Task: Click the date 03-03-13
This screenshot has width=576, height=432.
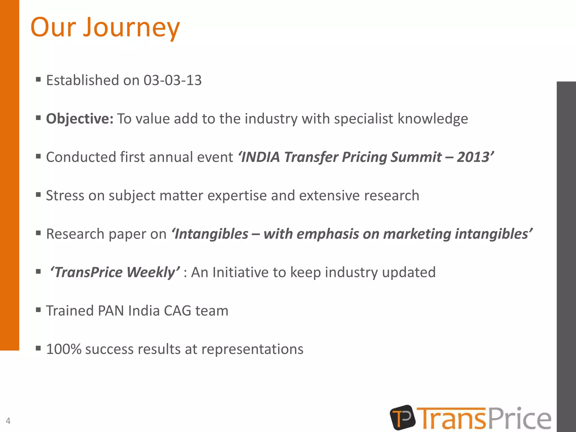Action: point(172,80)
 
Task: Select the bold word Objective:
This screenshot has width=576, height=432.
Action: point(80,119)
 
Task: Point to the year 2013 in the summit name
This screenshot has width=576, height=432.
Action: point(474,157)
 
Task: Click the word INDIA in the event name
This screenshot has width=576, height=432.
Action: point(260,157)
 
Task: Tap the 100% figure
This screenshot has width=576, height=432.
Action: point(64,349)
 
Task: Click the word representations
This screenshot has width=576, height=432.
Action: point(252,349)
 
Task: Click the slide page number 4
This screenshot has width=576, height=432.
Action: point(8,421)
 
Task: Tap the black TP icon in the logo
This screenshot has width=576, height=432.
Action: point(402,417)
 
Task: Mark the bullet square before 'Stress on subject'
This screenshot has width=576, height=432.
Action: point(39,194)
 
